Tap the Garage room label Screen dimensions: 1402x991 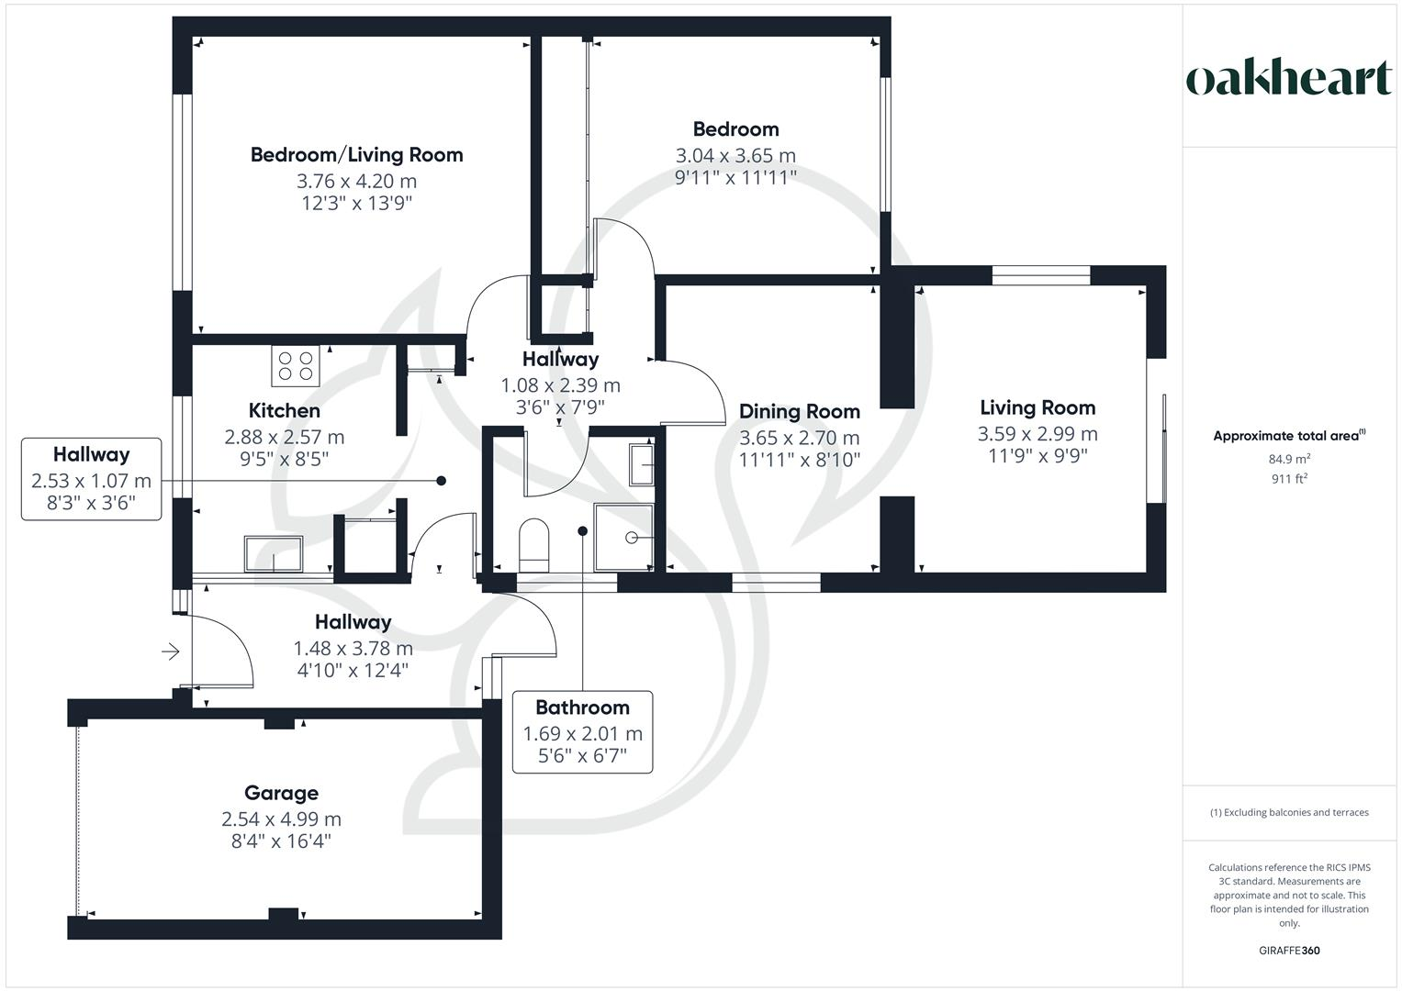[281, 793]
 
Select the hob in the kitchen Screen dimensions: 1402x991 [296, 366]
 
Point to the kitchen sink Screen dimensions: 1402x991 [274, 553]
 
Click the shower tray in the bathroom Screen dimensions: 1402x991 [623, 538]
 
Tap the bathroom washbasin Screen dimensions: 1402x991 [641, 464]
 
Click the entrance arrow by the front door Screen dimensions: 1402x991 [170, 651]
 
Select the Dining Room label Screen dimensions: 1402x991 [800, 412]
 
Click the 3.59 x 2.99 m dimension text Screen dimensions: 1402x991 [1037, 433]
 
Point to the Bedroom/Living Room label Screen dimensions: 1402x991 [357, 154]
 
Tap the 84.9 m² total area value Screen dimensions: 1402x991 [1289, 459]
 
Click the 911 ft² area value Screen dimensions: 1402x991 [1289, 479]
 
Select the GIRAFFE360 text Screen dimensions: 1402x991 [1289, 951]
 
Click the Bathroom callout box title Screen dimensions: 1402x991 [582, 707]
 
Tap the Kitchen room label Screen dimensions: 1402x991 [284, 410]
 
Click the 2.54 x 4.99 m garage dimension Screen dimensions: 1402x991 [281, 818]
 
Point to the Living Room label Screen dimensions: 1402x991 [1037, 408]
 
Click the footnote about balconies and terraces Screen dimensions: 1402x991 [1289, 813]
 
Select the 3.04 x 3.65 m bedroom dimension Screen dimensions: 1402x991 [735, 155]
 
